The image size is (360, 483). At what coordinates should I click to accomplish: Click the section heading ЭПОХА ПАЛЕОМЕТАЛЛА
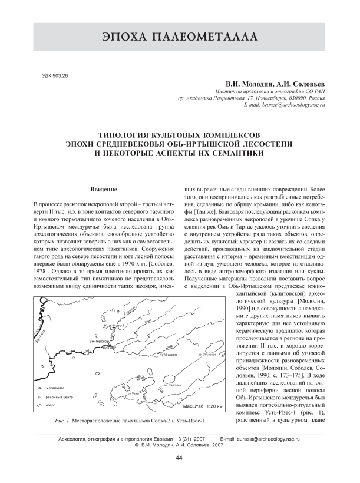point(180,38)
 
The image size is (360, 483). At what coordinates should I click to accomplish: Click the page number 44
point(180,458)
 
